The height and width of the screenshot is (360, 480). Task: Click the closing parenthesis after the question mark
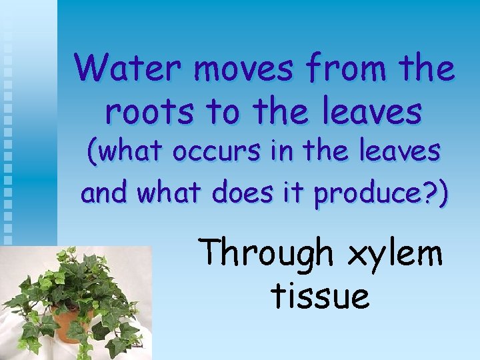pos(442,193)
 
